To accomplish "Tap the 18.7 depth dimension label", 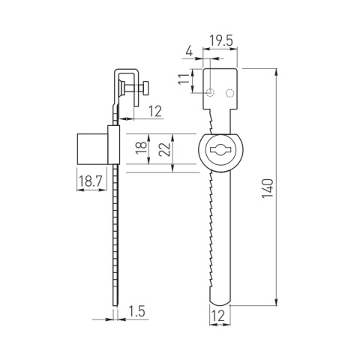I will point(89,181).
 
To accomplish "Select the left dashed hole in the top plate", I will point(213,93).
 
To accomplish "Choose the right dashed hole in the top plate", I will point(231,93).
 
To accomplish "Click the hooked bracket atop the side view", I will point(124,76).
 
